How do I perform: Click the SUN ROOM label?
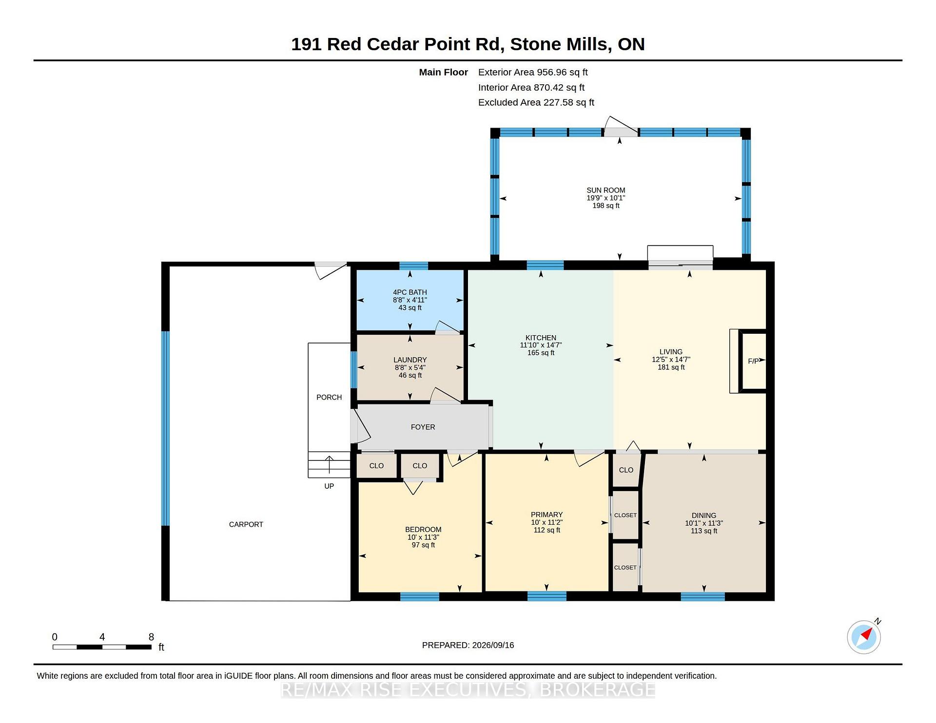[605, 190]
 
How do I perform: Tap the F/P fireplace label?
[753, 361]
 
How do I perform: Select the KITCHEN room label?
[541, 338]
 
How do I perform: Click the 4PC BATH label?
[410, 292]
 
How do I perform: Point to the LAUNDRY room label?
[410, 360]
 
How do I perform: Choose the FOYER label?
[423, 427]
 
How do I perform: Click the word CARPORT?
[246, 525]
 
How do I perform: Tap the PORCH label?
[329, 398]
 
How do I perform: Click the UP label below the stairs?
[329, 486]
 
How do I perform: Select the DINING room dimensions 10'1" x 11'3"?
[704, 523]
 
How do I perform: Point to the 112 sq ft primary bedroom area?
[547, 530]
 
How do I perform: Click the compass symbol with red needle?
[864, 637]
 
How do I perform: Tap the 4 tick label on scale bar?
[102, 637]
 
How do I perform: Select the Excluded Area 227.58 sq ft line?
[536, 102]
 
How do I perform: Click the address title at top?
[468, 44]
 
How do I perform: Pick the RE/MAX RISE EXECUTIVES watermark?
[468, 690]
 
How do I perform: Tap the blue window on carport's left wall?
[165, 429]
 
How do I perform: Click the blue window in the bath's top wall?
[414, 266]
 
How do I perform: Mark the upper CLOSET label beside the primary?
[625, 515]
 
